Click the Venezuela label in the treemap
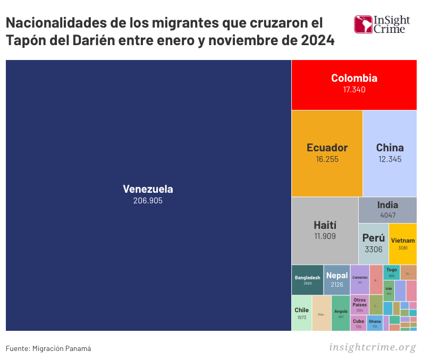pyautogui.click(x=148, y=189)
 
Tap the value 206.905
pyautogui.click(x=148, y=201)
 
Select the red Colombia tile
pyautogui.click(x=354, y=84)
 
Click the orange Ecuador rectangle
pyautogui.click(x=327, y=153)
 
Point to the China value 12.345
pyautogui.click(x=390, y=159)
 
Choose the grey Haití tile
pyautogui.click(x=325, y=230)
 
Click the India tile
pyautogui.click(x=387, y=210)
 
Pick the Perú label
pyautogui.click(x=373, y=238)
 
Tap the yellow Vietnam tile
pyautogui.click(x=402, y=244)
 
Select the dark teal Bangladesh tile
pyautogui.click(x=307, y=280)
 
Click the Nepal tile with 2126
pyautogui.click(x=337, y=280)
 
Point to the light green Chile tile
pyautogui.click(x=301, y=313)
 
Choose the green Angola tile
pyautogui.click(x=341, y=313)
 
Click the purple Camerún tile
pyautogui.click(x=360, y=279)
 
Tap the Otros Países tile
pyautogui.click(x=360, y=305)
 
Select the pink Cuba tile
pyautogui.click(x=358, y=323)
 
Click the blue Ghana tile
pyautogui.click(x=375, y=323)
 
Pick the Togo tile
pyautogui.click(x=391, y=272)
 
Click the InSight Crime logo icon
pyautogui.click(x=363, y=24)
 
